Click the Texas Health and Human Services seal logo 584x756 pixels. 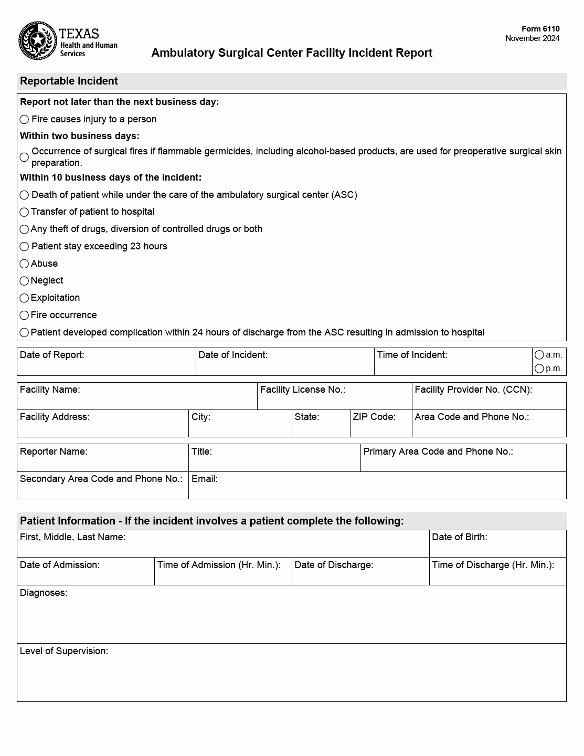38,41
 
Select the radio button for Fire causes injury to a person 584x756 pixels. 24,120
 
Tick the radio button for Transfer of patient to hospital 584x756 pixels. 24,212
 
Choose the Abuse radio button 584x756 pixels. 24,264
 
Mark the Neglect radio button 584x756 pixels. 24,281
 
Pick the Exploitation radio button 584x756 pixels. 24,298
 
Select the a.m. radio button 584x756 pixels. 539,355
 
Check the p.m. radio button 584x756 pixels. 539,369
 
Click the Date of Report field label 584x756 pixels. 52,355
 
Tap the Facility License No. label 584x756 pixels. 303,390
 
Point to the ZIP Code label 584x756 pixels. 374,417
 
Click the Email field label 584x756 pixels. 205,479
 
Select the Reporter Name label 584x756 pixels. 54,451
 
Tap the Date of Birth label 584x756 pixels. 460,537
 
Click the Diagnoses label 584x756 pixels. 44,593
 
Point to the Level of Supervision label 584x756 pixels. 64,651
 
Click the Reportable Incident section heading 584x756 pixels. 69,81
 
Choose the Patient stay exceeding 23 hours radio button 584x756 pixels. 24,247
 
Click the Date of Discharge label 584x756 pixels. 334,565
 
